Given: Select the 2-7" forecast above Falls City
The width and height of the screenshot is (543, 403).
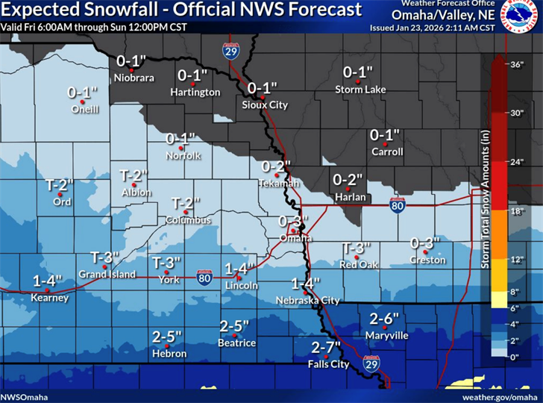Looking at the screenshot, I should pos(325,347).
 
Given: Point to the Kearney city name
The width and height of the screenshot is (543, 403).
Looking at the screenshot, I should pos(50,298).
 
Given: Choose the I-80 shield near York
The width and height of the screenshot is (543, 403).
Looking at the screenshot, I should pos(204,278).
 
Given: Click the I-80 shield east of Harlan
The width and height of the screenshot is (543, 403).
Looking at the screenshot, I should pos(398,206).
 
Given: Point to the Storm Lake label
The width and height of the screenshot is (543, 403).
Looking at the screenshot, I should pos(360,90).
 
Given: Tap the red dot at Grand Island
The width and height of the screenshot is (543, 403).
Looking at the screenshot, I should pos(105,266).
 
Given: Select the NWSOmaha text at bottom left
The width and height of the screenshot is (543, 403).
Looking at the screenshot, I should pos(22,396).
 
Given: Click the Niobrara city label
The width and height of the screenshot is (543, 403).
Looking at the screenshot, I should pos(134,77).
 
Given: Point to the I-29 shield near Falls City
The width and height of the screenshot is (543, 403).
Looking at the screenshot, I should pos(371,363).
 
